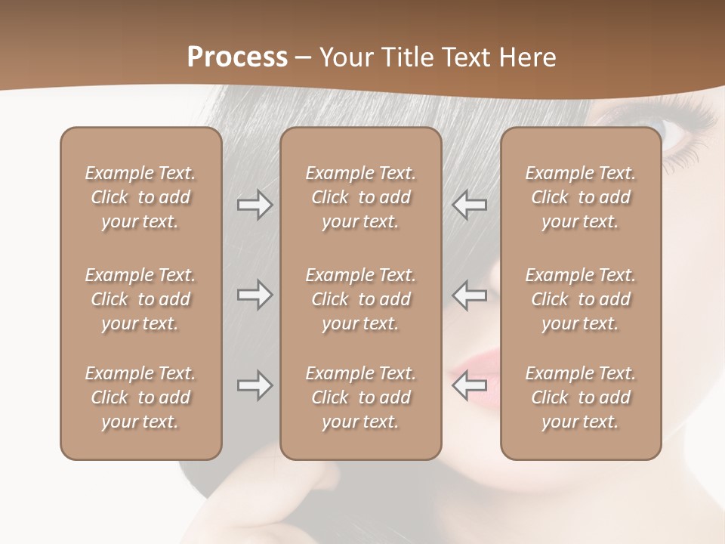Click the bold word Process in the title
[237, 57]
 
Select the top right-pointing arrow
[255, 204]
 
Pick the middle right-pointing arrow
[255, 295]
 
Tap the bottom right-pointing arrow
[255, 385]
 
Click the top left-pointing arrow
[470, 204]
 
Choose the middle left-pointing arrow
[470, 295]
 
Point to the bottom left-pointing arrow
[470, 385]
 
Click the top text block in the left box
[140, 197]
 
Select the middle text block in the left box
[140, 299]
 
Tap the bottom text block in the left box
[140, 397]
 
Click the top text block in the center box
[360, 197]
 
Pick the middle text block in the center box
[360, 299]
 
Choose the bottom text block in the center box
[360, 397]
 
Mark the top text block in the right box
[580, 197]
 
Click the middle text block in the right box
[580, 299]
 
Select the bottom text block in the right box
[580, 397]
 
